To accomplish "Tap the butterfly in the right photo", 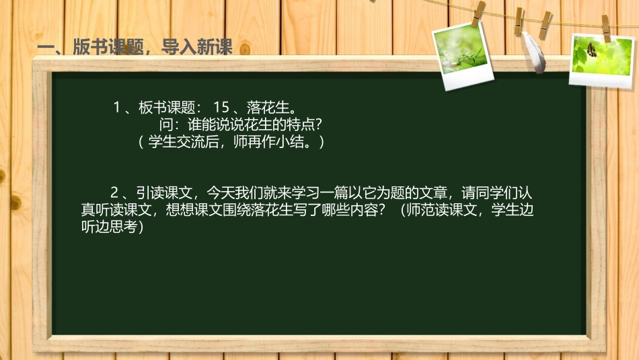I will pos(592,49).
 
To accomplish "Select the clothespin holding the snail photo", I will pos(478,13).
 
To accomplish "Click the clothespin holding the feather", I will pos(519,20).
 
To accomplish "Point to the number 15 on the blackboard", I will pos(221,107).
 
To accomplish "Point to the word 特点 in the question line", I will pos(291,124).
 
